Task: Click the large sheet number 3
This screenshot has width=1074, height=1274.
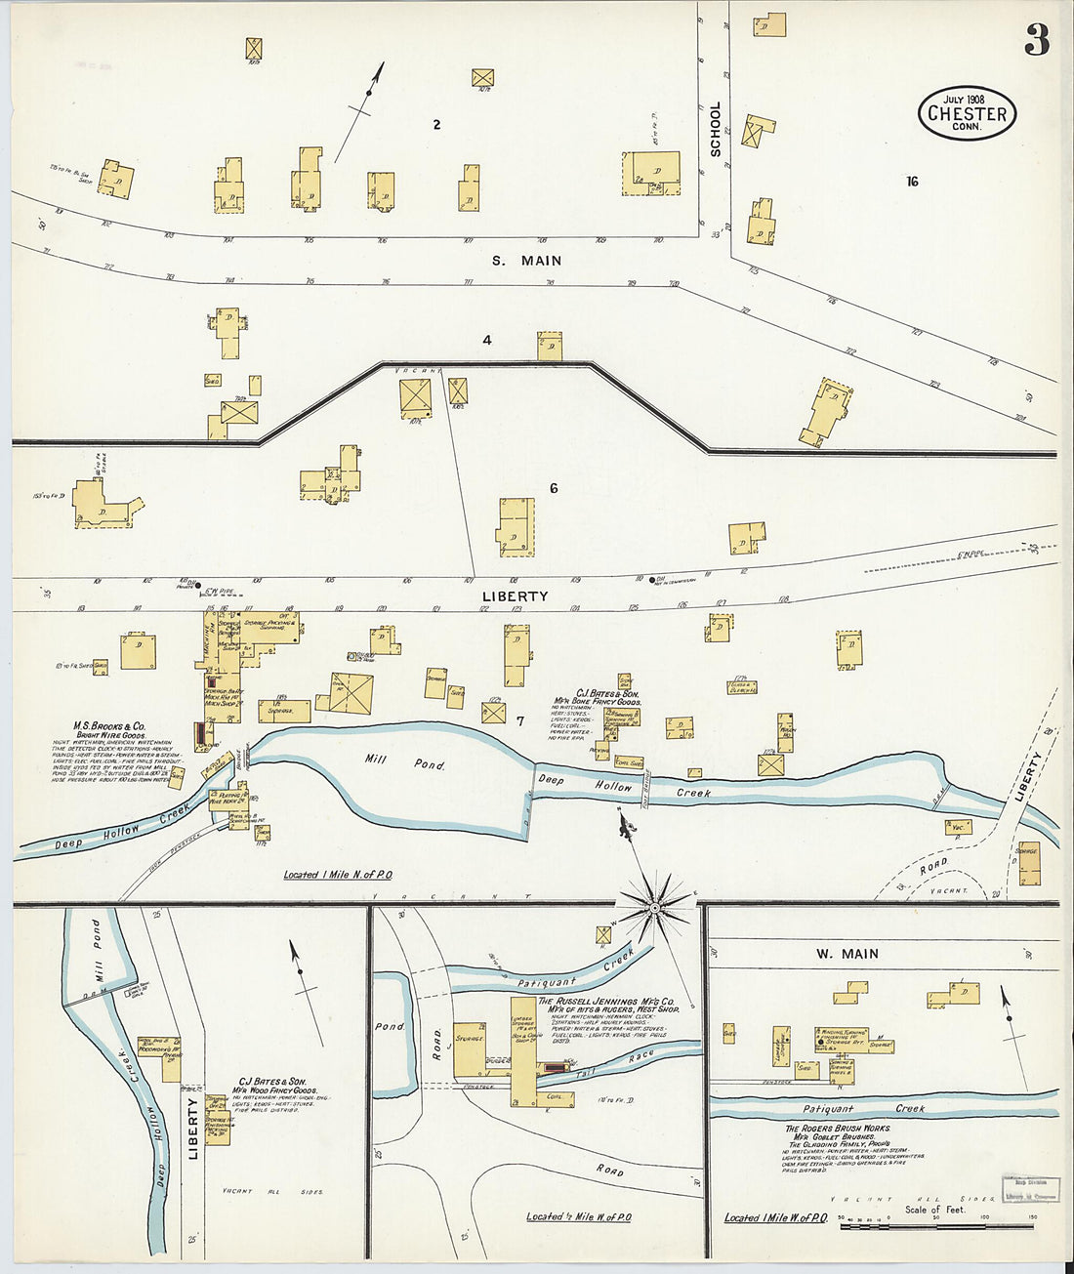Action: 1037,39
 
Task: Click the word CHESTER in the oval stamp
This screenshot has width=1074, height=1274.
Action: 967,113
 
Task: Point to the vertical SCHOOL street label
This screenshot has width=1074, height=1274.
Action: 716,129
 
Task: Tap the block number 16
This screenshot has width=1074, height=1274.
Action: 912,182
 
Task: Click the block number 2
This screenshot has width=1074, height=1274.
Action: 436,124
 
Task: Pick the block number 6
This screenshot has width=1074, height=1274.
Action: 553,488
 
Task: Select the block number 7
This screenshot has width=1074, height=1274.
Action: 520,721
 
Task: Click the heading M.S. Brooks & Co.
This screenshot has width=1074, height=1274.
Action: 109,726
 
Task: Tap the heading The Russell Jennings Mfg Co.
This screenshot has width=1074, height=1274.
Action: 606,1002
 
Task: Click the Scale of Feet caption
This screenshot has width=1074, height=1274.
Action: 934,1210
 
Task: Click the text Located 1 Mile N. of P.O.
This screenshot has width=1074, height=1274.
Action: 338,875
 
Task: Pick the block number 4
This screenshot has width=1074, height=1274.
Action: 486,341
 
